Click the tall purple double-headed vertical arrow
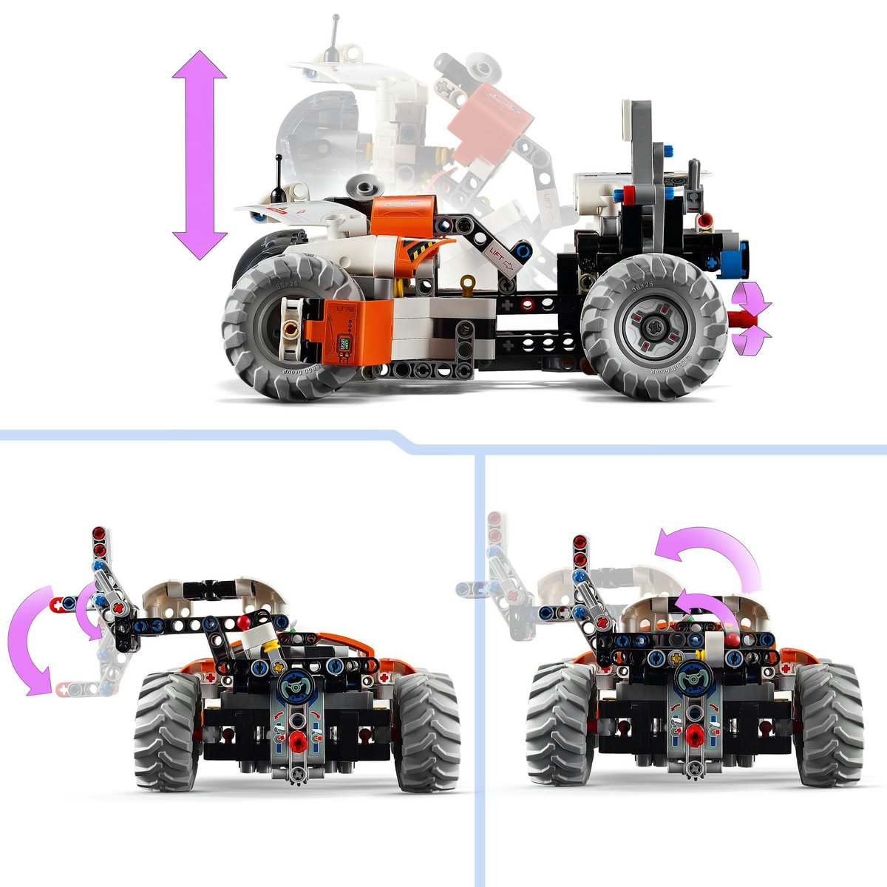(x=200, y=155)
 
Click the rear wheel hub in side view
(x=655, y=326)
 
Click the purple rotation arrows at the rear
(x=752, y=319)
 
